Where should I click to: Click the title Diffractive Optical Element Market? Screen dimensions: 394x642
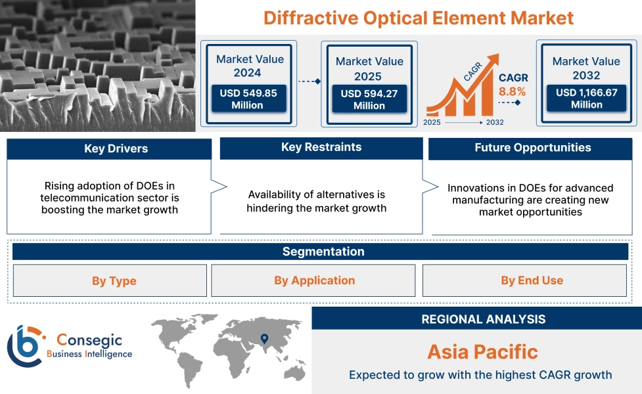pyautogui.click(x=419, y=18)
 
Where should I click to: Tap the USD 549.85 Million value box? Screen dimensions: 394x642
pyautogui.click(x=248, y=99)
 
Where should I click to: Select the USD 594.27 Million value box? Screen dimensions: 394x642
pyautogui.click(x=369, y=100)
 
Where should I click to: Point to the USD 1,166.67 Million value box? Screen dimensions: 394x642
pyautogui.click(x=586, y=98)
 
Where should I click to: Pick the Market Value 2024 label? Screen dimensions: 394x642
pyautogui.click(x=250, y=66)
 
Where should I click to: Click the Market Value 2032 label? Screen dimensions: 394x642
pyautogui.click(x=586, y=68)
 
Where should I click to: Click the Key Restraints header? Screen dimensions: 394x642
pyautogui.click(x=321, y=147)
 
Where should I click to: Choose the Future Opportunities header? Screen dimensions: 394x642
pyautogui.click(x=532, y=148)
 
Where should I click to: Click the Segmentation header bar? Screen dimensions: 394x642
pyautogui.click(x=323, y=252)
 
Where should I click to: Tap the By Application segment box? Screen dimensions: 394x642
pyautogui.click(x=314, y=280)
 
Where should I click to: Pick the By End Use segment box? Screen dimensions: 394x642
pyautogui.click(x=532, y=280)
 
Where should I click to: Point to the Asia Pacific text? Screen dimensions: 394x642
pyautogui.click(x=482, y=351)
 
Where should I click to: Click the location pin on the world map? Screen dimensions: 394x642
pyautogui.click(x=264, y=339)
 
